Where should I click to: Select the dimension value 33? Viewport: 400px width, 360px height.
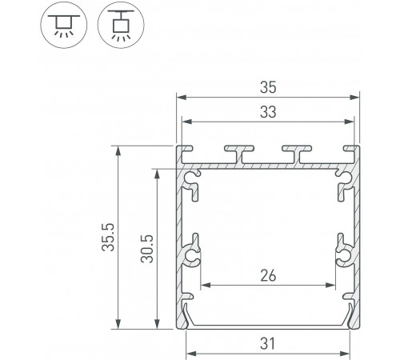tap(268, 112)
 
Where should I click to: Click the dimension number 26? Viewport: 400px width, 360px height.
tap(268, 276)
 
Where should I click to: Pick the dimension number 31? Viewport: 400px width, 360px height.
tap(268, 343)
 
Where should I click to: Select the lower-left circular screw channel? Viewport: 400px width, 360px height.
tap(192, 255)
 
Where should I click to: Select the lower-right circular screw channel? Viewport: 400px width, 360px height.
tap(343, 255)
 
